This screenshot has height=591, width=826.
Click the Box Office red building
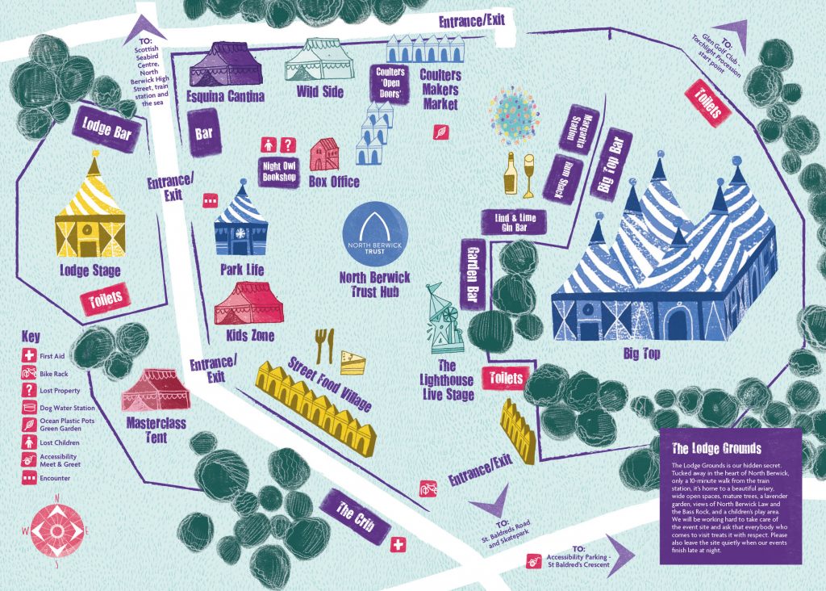[324, 154]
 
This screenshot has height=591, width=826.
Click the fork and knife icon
[323, 345]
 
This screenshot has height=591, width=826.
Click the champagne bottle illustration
[510, 174]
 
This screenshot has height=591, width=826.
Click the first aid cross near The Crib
[398, 546]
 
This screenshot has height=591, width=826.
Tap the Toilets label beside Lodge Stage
[106, 298]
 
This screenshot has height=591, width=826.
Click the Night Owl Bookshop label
[280, 172]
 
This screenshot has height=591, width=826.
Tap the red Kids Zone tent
[247, 304]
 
